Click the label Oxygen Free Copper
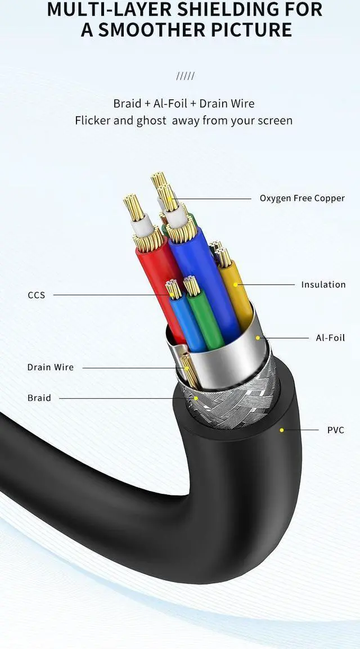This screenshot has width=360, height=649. (x=301, y=198)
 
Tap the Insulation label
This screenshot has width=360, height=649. (x=323, y=285)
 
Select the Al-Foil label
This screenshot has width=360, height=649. (x=330, y=338)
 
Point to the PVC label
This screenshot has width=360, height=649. (x=336, y=430)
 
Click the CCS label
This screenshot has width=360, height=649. (x=36, y=295)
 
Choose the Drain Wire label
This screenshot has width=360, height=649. (x=50, y=367)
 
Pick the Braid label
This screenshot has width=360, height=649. (x=39, y=398)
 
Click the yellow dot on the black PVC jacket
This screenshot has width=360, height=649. (x=281, y=430)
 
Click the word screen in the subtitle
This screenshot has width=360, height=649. (x=274, y=120)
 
